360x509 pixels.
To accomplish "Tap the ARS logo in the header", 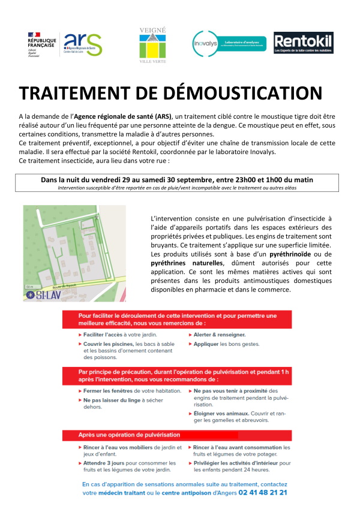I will tap(83, 44).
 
